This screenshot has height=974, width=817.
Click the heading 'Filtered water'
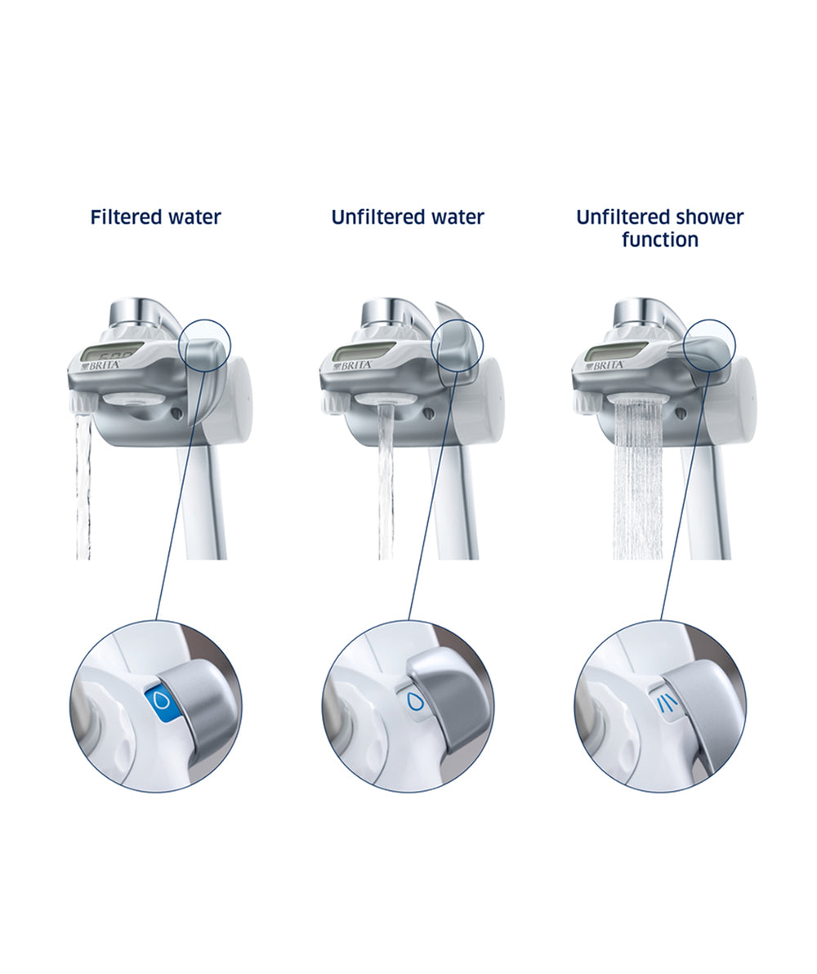click(x=155, y=217)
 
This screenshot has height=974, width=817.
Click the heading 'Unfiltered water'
click(x=408, y=217)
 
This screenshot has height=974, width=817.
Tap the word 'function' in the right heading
click(x=660, y=239)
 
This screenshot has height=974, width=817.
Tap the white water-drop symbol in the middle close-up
click(x=414, y=701)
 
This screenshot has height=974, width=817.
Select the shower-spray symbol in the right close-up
click(x=667, y=703)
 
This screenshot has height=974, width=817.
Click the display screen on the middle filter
click(x=364, y=352)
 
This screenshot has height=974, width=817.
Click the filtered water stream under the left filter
click(x=83, y=487)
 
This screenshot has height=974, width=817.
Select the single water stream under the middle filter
click(x=386, y=481)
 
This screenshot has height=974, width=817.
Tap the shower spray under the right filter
click(x=637, y=480)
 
